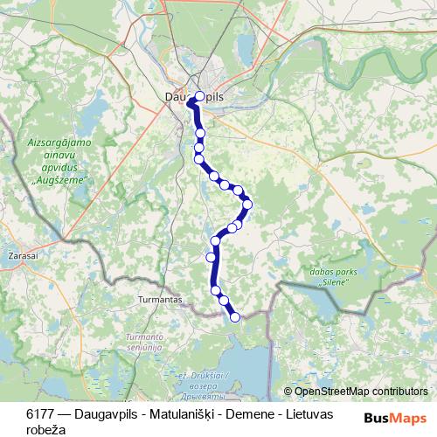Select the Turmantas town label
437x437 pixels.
(161, 300)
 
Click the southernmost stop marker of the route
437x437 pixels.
(234, 317)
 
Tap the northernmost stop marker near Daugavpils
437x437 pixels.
(199, 96)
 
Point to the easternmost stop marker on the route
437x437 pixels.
(247, 205)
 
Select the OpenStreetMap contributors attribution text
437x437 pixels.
(360, 392)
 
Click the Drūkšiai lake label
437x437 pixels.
(203, 376)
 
